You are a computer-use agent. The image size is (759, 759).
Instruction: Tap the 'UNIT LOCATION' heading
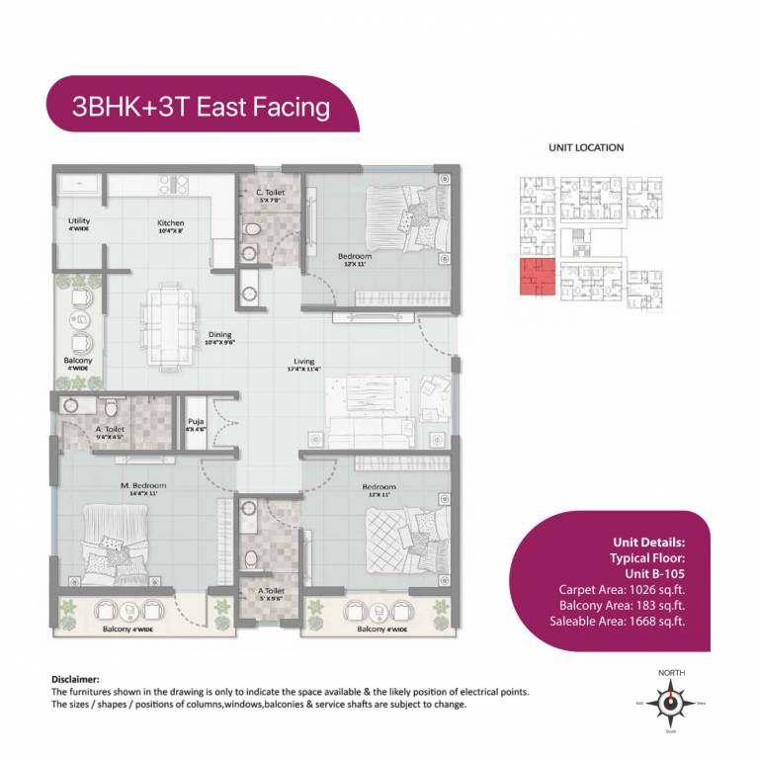coord(586,147)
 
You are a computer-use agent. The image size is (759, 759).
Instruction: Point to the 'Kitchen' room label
coord(171,223)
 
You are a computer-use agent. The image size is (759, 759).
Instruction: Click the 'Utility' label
coord(79,220)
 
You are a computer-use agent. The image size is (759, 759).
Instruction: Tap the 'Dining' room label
coord(219,334)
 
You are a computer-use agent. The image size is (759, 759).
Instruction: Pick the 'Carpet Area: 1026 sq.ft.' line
coord(622,590)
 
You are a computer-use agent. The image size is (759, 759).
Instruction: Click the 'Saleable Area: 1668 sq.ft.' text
coord(618,622)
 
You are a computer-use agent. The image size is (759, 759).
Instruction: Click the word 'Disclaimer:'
coord(76,680)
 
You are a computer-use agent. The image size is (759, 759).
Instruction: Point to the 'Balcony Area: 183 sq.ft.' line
coord(622,606)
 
